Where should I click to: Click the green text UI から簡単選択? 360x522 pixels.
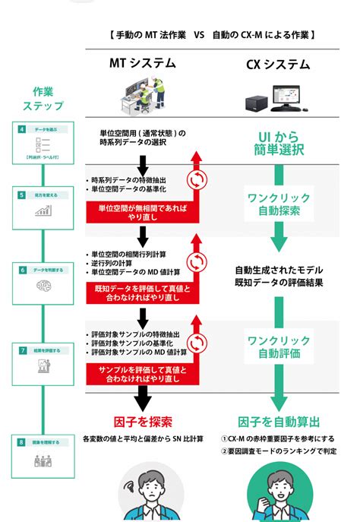click(x=278, y=142)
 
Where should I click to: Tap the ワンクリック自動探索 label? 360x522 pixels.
click(x=278, y=204)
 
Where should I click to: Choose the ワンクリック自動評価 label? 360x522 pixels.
click(x=278, y=346)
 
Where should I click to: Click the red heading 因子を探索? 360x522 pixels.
click(x=141, y=421)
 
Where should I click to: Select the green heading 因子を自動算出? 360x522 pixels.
click(x=277, y=421)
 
